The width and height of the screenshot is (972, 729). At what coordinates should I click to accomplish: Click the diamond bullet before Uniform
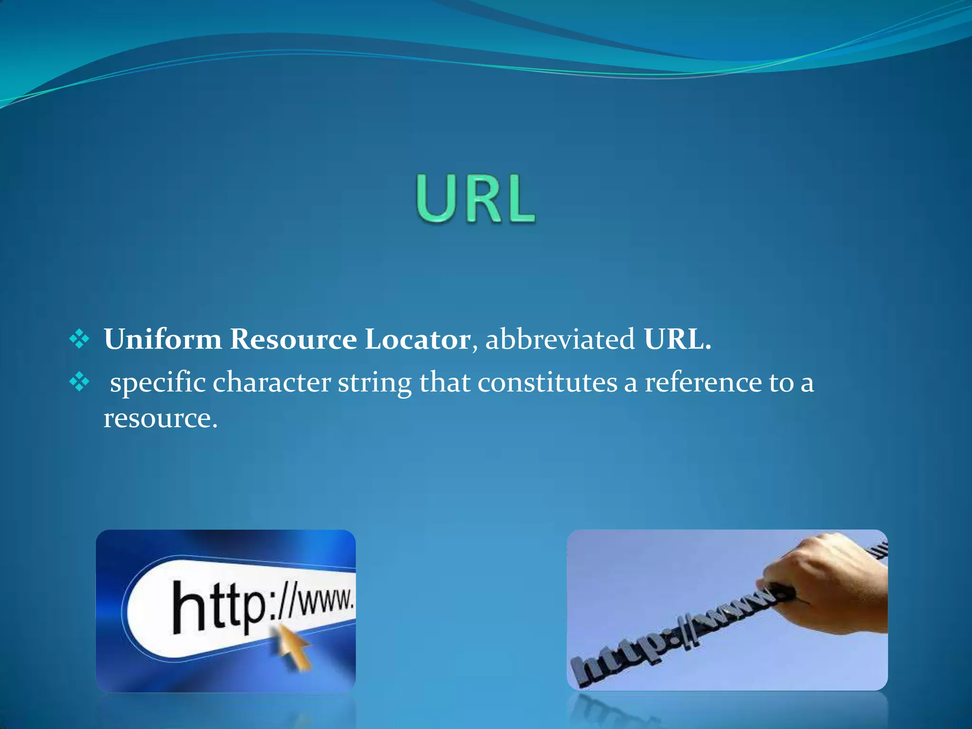[x=79, y=339]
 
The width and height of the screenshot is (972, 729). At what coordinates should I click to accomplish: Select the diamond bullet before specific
[x=79, y=382]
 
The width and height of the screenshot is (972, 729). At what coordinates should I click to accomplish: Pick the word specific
[x=158, y=383]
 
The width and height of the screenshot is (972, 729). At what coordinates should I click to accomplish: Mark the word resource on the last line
[x=160, y=419]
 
